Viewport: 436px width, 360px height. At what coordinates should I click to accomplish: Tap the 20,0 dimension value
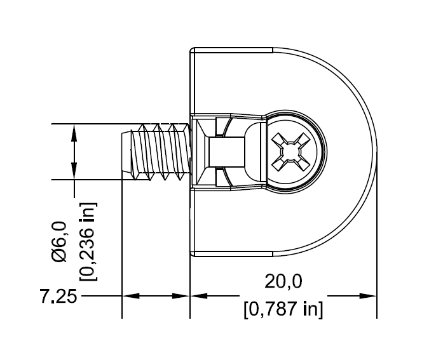pyautogui.click(x=283, y=281)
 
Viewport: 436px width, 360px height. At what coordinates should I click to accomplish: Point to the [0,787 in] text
pyautogui.click(x=283, y=310)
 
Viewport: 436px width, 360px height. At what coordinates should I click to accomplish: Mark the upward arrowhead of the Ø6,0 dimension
pyautogui.click(x=75, y=130)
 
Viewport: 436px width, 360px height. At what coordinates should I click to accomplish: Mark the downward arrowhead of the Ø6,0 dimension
pyautogui.click(x=75, y=173)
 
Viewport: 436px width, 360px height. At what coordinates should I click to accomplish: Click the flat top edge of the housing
pyautogui.click(x=232, y=48)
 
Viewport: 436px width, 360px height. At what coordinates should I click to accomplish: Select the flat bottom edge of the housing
pyautogui.click(x=232, y=255)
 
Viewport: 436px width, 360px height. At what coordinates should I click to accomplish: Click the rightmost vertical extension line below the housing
pyautogui.click(x=378, y=279)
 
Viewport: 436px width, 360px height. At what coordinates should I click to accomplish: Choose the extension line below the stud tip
pyautogui.click(x=121, y=254)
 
